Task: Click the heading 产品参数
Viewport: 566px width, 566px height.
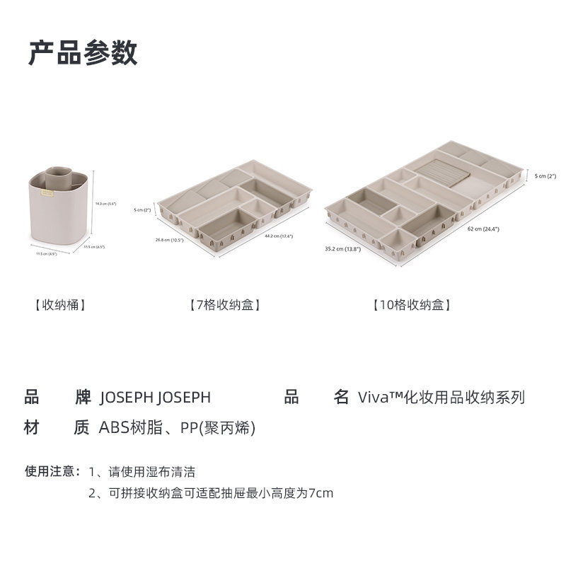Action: tap(83, 53)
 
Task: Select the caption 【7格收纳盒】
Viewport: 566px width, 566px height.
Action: tap(226, 306)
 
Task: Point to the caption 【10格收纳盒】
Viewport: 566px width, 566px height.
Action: tap(412, 306)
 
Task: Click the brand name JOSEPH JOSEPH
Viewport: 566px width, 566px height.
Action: tap(155, 398)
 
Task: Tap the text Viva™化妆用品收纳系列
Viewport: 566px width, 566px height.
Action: tap(441, 398)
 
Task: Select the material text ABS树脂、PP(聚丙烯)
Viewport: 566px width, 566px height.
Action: tap(177, 428)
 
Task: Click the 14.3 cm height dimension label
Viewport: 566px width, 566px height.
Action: tap(105, 204)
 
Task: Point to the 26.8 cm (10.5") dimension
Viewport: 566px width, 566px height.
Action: tap(171, 240)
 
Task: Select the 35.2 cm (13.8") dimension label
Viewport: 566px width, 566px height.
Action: tap(342, 249)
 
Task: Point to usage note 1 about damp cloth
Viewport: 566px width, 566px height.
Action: tap(141, 471)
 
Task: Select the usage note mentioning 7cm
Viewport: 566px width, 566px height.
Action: tap(210, 493)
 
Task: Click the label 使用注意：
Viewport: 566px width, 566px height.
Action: tap(54, 471)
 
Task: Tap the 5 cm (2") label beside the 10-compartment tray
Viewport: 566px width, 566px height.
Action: tap(545, 175)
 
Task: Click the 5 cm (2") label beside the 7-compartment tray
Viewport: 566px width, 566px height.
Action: tap(143, 210)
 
